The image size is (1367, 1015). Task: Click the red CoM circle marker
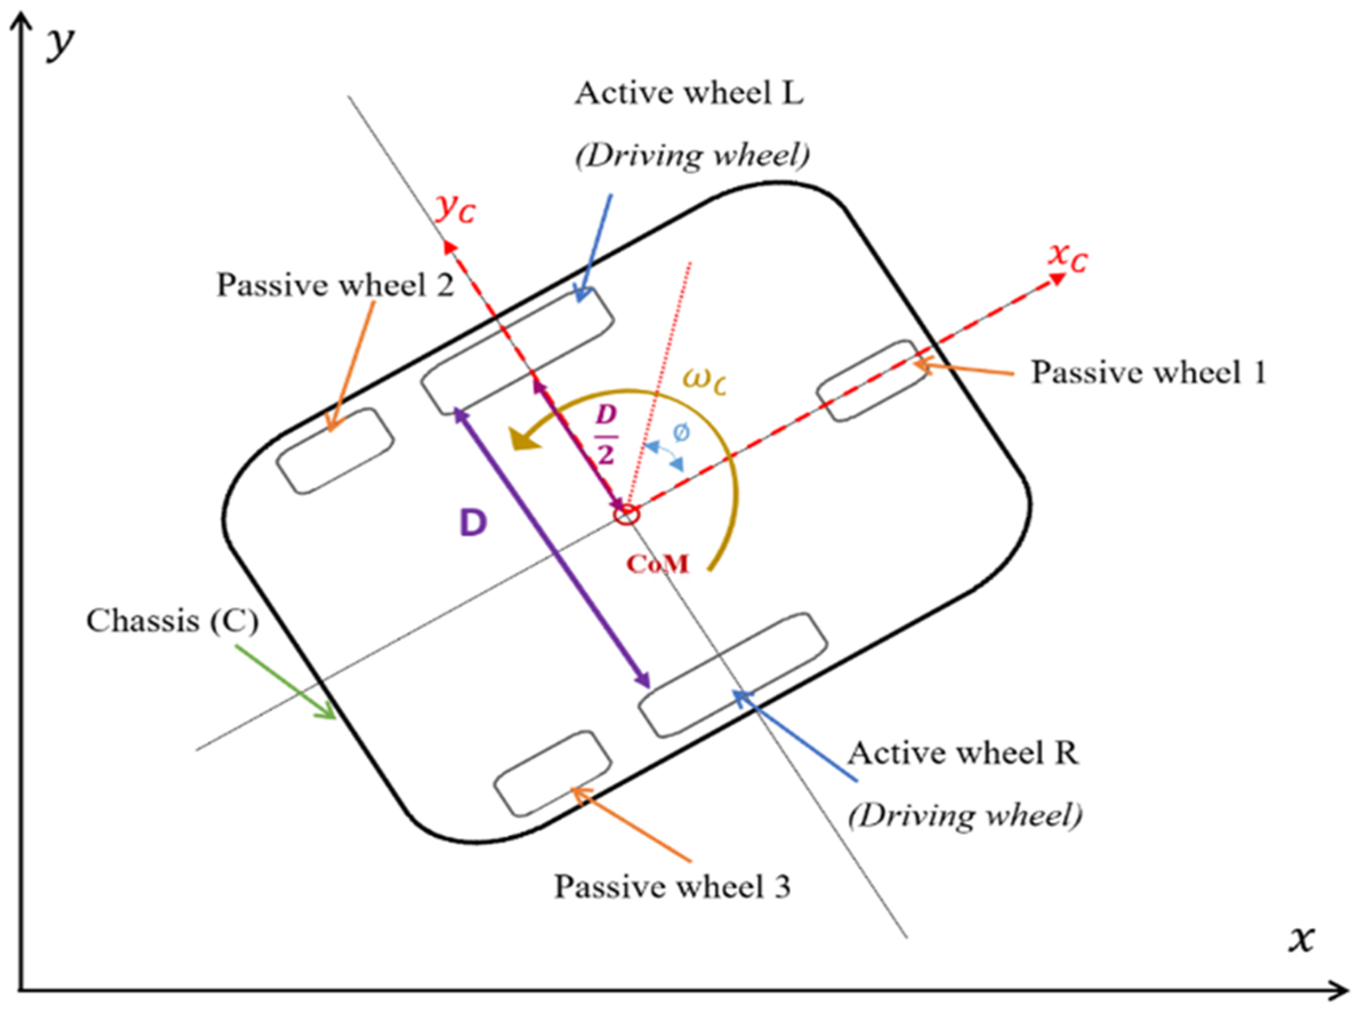pos(626,514)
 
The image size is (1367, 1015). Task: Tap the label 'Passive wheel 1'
pos(1148,373)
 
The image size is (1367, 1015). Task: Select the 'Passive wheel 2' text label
pos(336,285)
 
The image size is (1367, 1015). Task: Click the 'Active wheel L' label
pos(689,94)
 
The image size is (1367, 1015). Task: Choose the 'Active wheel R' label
pos(963,753)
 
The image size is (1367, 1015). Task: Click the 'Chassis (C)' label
pos(172,621)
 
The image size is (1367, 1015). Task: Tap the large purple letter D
pos(473,523)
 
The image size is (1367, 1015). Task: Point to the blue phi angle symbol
pos(681,432)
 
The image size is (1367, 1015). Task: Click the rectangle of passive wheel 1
pos(872,381)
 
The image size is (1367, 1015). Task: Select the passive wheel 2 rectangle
pos(335,451)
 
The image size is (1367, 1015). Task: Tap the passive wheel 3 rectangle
pos(553,773)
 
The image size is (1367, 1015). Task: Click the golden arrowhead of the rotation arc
pos(524,439)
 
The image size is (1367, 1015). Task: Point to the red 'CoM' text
pos(658,563)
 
